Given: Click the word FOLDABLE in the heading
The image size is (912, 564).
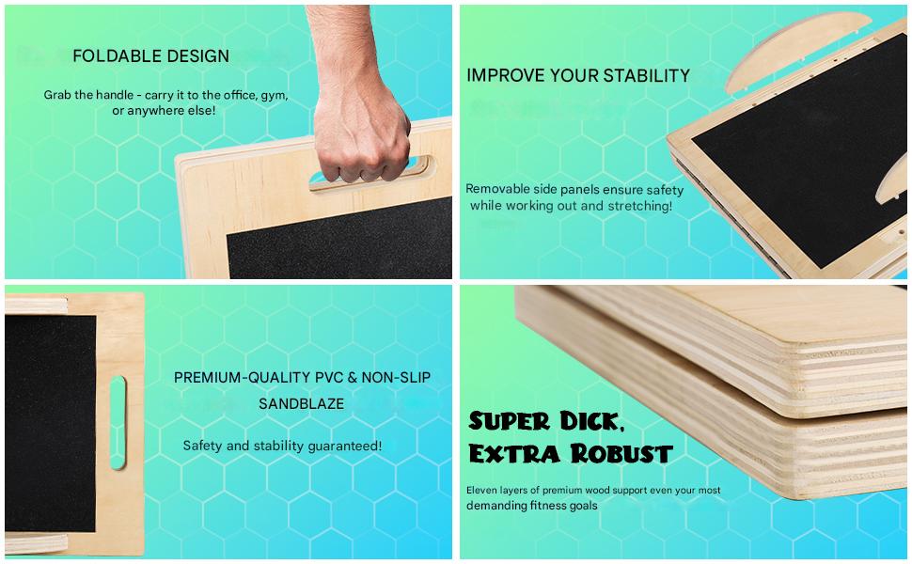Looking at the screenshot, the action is pyautogui.click(x=109, y=55).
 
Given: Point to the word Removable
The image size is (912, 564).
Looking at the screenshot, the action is pyautogui.click(x=498, y=189).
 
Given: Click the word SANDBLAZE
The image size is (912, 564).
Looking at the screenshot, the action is pyautogui.click(x=301, y=403).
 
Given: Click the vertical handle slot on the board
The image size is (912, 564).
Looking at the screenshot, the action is pyautogui.click(x=118, y=423).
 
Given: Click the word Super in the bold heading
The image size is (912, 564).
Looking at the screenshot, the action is pyautogui.click(x=509, y=421).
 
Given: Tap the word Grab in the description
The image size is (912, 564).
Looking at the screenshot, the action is pyautogui.click(x=57, y=95).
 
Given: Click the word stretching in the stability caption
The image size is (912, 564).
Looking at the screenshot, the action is pyautogui.click(x=639, y=206).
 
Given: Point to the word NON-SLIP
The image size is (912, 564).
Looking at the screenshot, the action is pyautogui.click(x=396, y=377).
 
